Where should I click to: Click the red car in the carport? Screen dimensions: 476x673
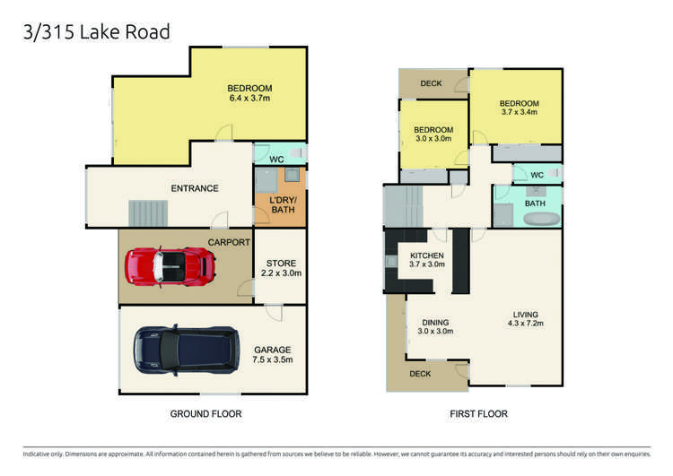click(170, 264)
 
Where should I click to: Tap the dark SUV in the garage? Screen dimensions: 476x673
click(186, 350)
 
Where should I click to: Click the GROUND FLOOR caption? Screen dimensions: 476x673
click(206, 414)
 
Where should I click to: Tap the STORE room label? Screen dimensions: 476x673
click(280, 263)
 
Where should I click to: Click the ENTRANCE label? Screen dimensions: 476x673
click(195, 188)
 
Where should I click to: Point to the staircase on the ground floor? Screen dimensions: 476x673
click(149, 213)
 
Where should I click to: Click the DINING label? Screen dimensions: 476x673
click(435, 322)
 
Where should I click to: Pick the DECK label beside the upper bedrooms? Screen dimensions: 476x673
click(431, 83)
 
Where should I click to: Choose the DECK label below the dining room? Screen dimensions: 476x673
click(420, 374)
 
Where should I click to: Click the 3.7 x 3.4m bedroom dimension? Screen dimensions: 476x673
click(519, 113)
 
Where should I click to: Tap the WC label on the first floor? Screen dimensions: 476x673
click(537, 175)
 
